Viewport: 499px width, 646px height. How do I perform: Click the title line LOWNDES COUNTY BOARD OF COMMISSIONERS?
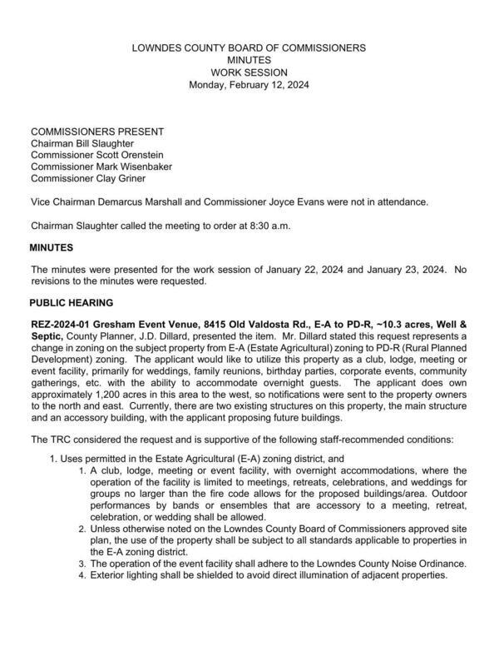pyautogui.click(x=249, y=49)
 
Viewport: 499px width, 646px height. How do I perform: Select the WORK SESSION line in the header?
pyautogui.click(x=249, y=72)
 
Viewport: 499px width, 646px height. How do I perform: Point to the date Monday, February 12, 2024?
pyautogui.click(x=249, y=84)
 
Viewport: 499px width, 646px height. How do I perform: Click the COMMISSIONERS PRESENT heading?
pyautogui.click(x=97, y=132)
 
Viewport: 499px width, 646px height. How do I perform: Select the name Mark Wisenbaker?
pyautogui.click(x=135, y=166)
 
